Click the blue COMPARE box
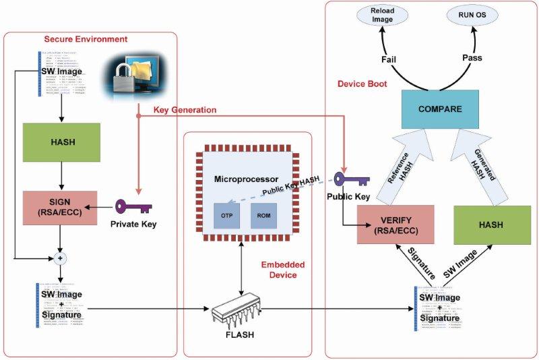click(x=439, y=109)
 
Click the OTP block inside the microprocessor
click(x=226, y=214)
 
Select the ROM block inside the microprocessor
click(x=263, y=214)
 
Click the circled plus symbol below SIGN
click(x=61, y=258)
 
